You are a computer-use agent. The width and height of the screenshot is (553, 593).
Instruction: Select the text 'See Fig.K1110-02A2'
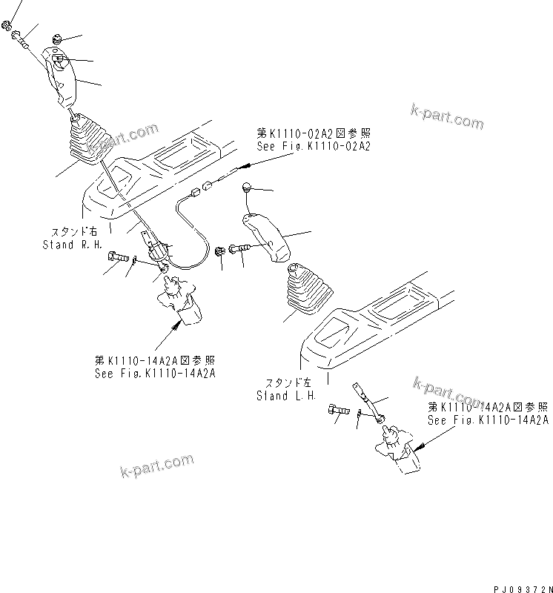pos(313,147)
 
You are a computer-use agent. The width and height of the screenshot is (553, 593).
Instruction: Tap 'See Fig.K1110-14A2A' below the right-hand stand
pos(155,373)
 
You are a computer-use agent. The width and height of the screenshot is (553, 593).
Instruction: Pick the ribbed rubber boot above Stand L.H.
pos(306,291)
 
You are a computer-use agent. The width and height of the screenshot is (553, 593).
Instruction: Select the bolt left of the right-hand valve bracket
pos(119,257)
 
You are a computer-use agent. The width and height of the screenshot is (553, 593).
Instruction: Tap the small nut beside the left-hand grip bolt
pos(221,253)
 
